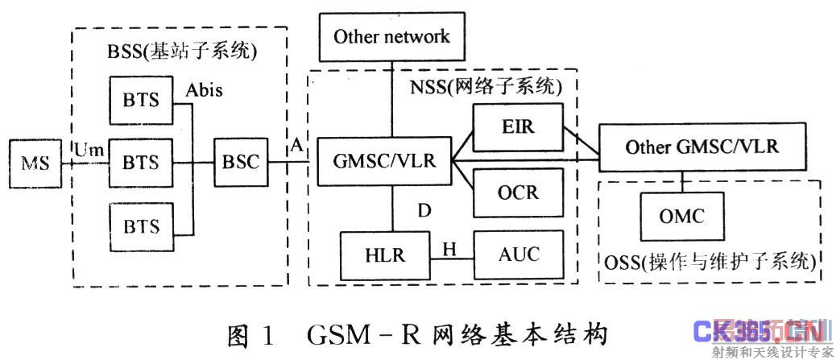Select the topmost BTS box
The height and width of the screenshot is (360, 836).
[x=141, y=101]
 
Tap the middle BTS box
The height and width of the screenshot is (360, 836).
[x=141, y=161]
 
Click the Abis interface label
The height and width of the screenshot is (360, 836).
[x=204, y=89]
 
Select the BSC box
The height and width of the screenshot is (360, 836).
[x=240, y=161]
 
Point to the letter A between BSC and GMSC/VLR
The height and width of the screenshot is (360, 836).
[x=297, y=146]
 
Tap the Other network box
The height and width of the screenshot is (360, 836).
[x=391, y=37]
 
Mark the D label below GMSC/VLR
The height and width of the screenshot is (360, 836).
[x=424, y=211]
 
